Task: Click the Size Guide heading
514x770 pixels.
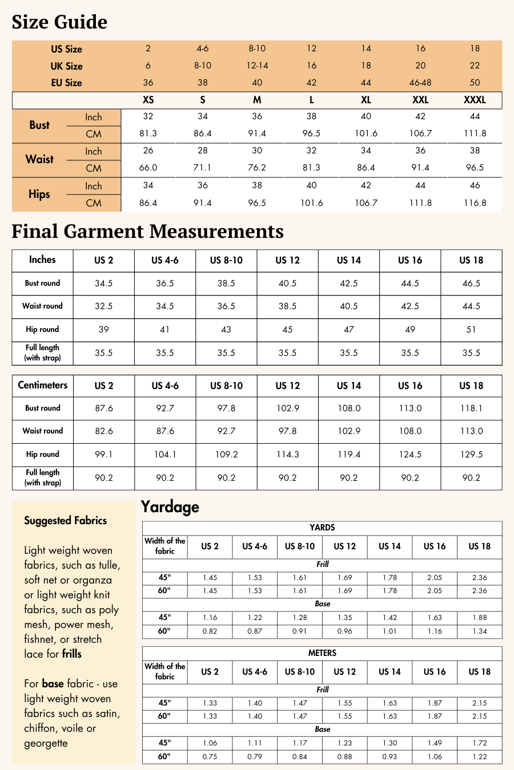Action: pos(59,22)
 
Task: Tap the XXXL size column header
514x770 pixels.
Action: pos(475,100)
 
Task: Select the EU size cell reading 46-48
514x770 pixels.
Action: pos(420,83)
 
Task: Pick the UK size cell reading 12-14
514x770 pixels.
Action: pos(257,66)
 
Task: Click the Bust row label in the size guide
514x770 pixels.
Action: pos(39,125)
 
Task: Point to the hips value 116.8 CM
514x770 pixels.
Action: pos(475,203)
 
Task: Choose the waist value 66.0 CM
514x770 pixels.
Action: pos(148,168)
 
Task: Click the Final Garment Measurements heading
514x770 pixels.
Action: pos(147,232)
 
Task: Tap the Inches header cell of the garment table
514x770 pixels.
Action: pos(42,260)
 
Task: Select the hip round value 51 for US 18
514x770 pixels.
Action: pos(471,330)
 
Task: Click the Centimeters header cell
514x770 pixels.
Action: pos(42,386)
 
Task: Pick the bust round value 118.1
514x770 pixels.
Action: pos(471,408)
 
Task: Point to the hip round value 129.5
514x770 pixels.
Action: pos(471,455)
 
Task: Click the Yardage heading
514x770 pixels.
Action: pos(170,507)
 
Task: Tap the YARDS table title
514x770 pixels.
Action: pos(322,528)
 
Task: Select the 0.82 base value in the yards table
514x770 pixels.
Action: pos(210,631)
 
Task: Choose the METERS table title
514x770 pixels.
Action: pos(322,653)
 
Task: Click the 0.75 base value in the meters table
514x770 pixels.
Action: pos(210,757)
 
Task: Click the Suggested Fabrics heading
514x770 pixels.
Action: pos(65,521)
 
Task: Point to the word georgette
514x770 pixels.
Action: pos(46,744)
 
